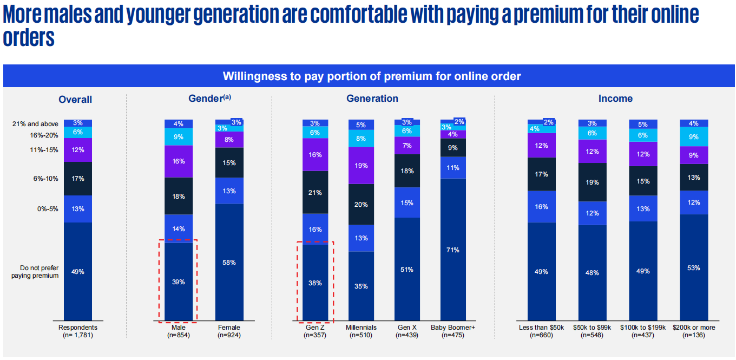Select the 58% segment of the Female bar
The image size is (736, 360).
(x=229, y=262)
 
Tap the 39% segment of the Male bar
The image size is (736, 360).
(x=179, y=282)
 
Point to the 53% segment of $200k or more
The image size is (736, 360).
(x=694, y=267)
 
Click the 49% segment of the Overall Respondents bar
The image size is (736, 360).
(x=78, y=271)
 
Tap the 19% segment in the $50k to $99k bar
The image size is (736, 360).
(x=592, y=182)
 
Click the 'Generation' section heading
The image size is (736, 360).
(x=372, y=99)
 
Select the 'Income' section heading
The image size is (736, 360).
(x=615, y=99)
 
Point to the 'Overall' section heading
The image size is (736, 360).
(x=75, y=100)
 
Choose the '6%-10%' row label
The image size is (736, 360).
(x=45, y=178)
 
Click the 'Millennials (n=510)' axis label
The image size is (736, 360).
(x=362, y=331)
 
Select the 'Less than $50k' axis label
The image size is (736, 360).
(x=541, y=328)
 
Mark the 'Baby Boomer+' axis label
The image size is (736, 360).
(x=454, y=328)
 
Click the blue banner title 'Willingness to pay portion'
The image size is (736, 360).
(x=372, y=76)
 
